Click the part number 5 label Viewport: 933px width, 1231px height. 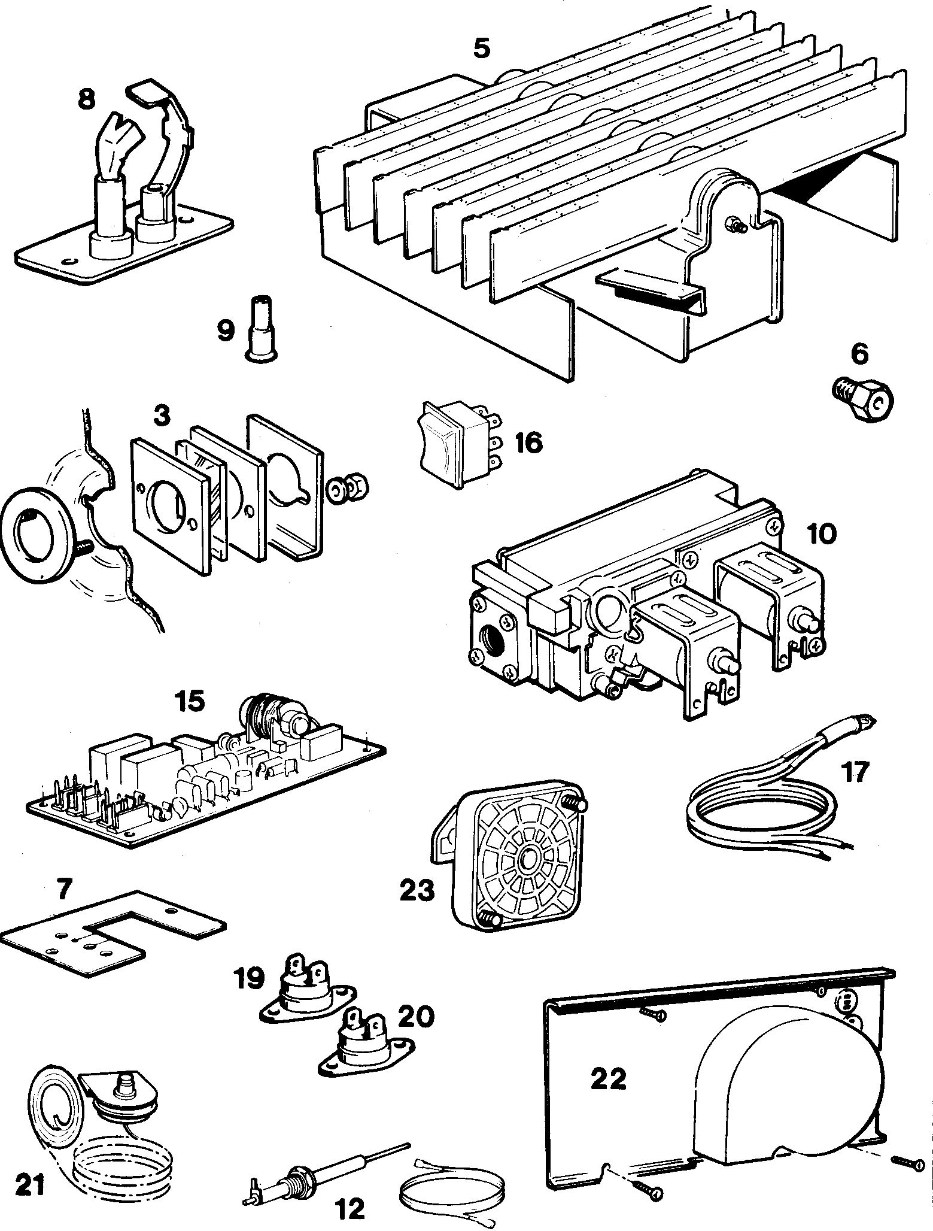click(x=481, y=48)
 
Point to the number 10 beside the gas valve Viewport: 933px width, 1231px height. click(x=822, y=533)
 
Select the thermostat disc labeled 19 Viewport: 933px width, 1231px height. click(x=297, y=1003)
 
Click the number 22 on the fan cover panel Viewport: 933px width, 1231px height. click(x=608, y=1079)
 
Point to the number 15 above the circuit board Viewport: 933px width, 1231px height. click(x=189, y=701)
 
